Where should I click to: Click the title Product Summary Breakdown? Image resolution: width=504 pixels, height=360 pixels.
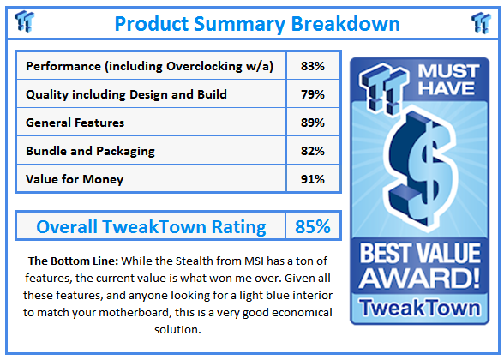coord(256,22)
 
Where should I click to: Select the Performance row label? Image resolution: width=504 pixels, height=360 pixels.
coord(149,66)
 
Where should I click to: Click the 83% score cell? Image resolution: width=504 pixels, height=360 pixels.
coord(312,66)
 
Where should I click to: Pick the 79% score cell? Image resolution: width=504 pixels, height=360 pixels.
coord(312,94)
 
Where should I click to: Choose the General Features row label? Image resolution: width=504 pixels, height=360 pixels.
coord(75,123)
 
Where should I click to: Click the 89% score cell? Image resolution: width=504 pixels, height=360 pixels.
coord(312,123)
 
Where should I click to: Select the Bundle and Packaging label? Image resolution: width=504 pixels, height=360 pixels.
coord(90,151)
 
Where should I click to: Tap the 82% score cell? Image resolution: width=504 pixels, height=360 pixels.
coord(312,151)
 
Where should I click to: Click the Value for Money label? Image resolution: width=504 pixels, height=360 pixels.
coord(75,179)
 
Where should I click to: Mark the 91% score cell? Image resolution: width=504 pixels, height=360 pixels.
coord(312,179)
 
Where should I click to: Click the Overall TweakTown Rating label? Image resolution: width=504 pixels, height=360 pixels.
coord(151,227)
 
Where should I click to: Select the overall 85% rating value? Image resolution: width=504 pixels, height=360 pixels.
coord(312,227)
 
